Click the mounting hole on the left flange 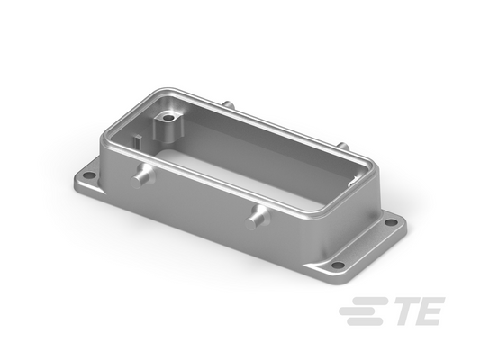tap(89, 175)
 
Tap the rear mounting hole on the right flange tap(390, 222)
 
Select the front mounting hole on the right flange tap(338, 265)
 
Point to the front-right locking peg tap(255, 218)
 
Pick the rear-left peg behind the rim tap(229, 104)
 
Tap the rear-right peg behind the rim tap(342, 145)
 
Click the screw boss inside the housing tap(168, 127)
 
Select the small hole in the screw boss tap(168, 118)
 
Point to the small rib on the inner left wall tap(137, 141)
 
